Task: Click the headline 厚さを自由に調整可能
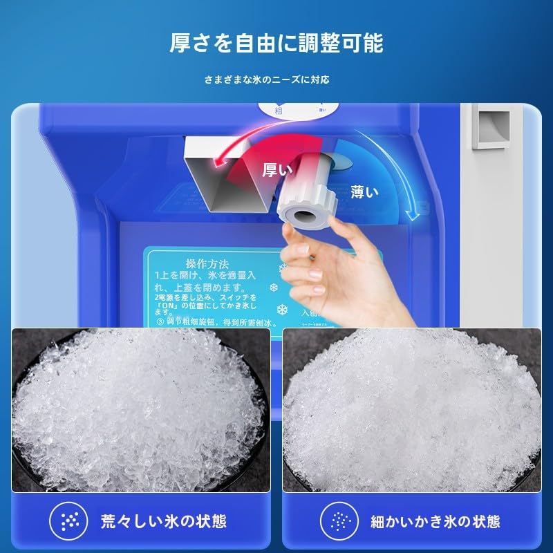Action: (276, 43)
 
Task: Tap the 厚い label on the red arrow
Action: (277, 170)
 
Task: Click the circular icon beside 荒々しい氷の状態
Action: (70, 520)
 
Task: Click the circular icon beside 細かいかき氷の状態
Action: (339, 520)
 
